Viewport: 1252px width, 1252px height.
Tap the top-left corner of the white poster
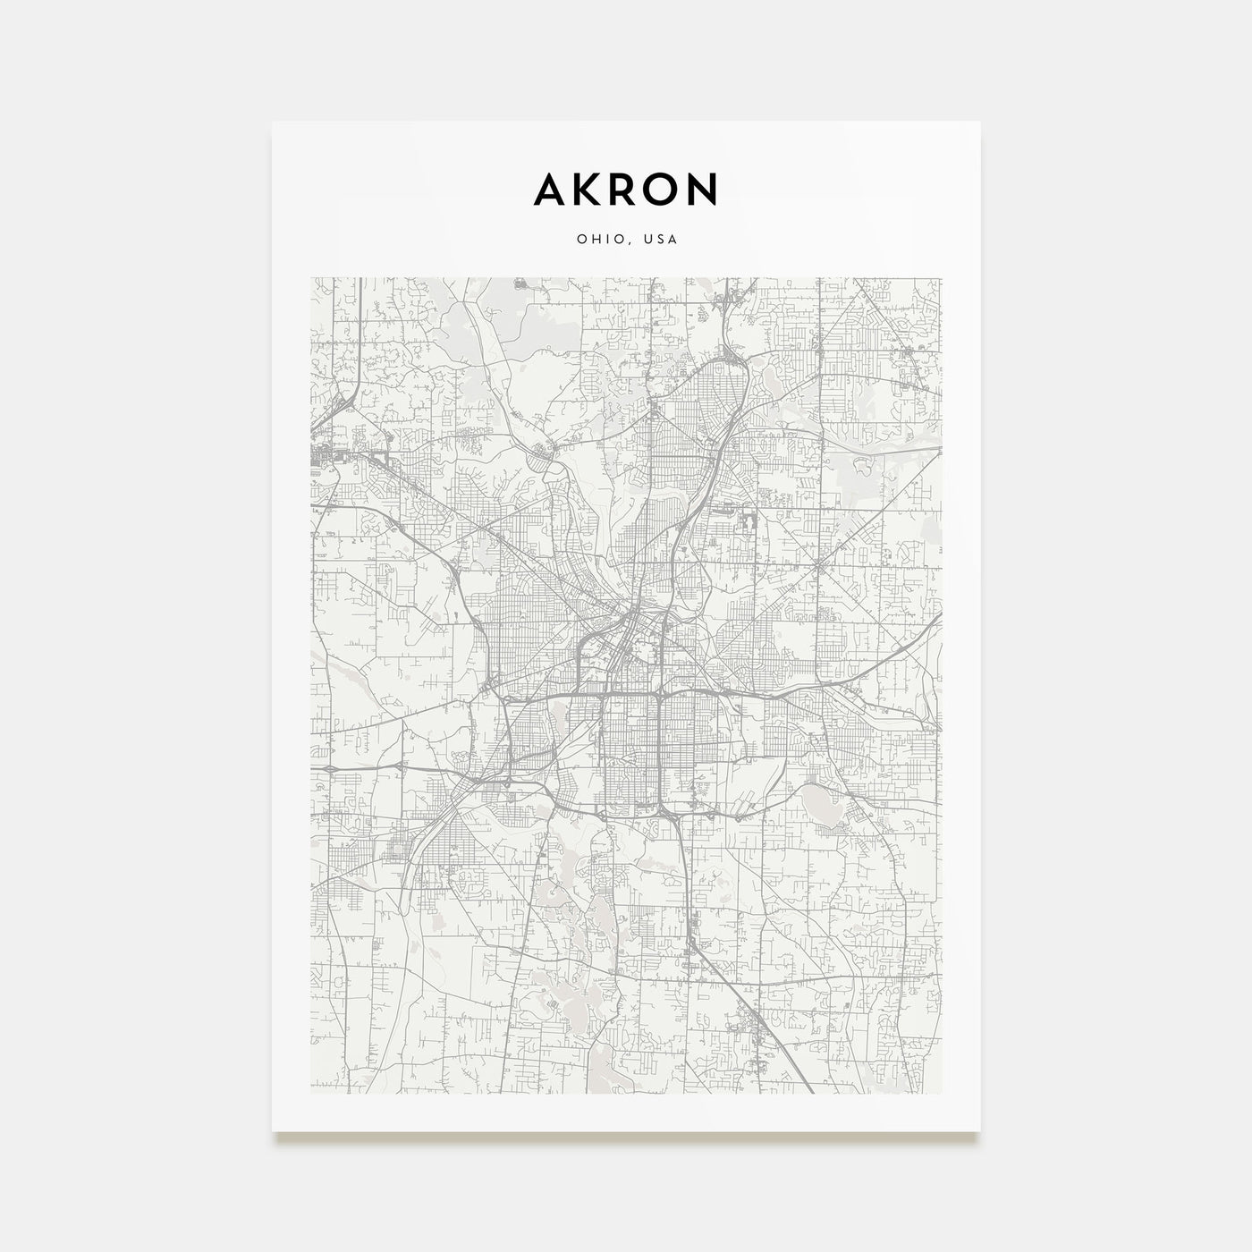coord(273,122)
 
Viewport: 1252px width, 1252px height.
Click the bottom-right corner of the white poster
coord(980,1131)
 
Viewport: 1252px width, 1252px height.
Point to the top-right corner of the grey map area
coord(942,277)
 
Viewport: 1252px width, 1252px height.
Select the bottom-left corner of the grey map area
coord(310,1093)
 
